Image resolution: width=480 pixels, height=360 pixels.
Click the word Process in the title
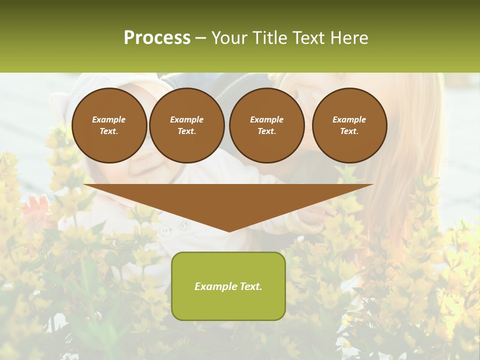pos(157,38)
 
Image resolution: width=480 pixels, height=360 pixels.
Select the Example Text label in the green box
pos(228,286)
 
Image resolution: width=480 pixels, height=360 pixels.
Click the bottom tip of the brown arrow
pos(229,230)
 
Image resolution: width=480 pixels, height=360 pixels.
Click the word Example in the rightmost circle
pos(349,119)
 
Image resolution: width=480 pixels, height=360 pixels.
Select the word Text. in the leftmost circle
pos(109,131)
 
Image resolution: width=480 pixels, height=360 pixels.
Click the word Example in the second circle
pos(186,119)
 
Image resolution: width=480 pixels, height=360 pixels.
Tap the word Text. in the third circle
pos(266,131)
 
